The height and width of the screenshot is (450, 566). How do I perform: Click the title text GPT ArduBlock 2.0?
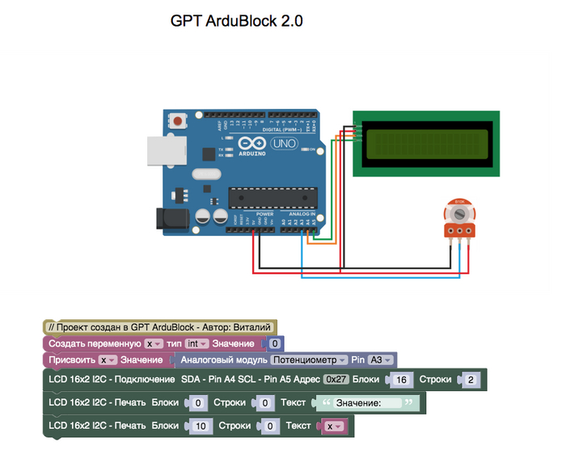click(236, 21)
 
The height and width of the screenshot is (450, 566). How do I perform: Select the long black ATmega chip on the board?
click(269, 195)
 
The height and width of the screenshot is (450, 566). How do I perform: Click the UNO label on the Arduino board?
click(284, 143)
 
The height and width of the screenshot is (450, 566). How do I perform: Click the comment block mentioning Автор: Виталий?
click(159, 327)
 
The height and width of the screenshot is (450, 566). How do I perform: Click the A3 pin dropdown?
click(380, 360)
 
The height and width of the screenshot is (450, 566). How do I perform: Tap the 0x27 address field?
click(335, 379)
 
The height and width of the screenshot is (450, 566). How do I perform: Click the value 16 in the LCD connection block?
click(401, 379)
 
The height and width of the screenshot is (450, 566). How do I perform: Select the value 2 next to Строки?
click(471, 379)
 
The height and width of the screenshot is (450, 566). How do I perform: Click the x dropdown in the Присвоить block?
click(108, 360)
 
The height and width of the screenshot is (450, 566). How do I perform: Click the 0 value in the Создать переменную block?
click(275, 343)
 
